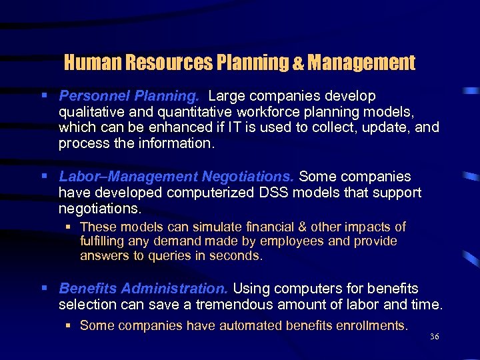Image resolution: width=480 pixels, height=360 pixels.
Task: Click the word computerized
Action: pyautogui.click(x=216, y=193)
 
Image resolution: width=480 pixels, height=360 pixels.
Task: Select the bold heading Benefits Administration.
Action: pyautogui.click(x=143, y=289)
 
